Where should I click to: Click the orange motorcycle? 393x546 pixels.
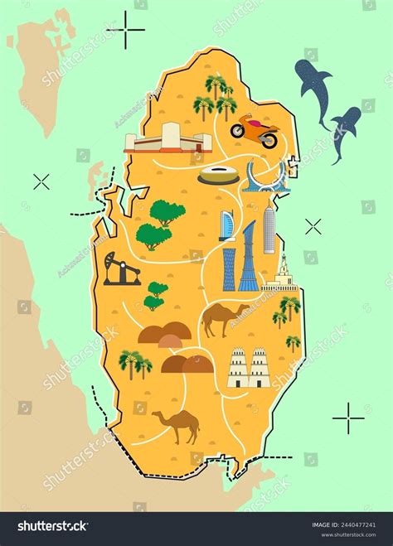(254, 131)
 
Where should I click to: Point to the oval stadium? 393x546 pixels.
(218, 175)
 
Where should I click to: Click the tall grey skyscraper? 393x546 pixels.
(269, 230)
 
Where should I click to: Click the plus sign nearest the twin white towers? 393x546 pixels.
(348, 418)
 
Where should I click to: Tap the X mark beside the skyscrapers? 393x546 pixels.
(313, 226)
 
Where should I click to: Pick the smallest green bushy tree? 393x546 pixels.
(156, 295)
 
